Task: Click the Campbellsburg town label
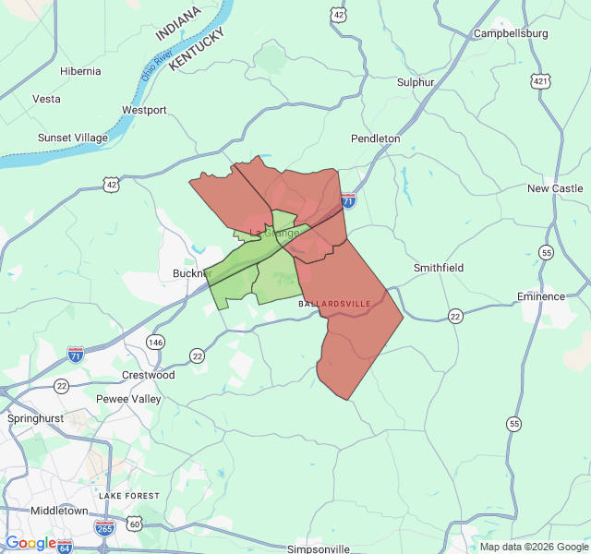511,34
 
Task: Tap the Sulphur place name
416,82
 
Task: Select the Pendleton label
375,138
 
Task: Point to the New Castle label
555,188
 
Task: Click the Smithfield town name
438,268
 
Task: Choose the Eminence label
540,296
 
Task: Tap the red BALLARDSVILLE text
333,304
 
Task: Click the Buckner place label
192,273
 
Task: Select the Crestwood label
148,376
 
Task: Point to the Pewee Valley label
128,399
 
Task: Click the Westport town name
144,110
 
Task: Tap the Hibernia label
80,71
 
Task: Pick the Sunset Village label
72,138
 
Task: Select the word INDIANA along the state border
177,23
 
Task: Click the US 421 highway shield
540,81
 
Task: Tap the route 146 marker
155,342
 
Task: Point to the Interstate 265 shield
104,527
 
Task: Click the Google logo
30,543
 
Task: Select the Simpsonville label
319,548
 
